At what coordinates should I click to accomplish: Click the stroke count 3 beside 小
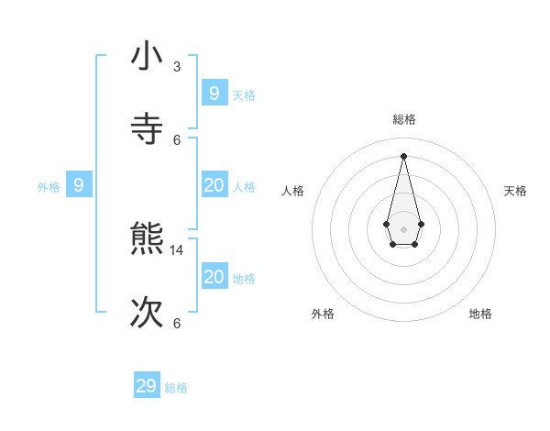pyautogui.click(x=177, y=67)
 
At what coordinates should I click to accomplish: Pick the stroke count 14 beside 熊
pyautogui.click(x=178, y=249)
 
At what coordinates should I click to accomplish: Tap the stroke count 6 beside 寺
pyautogui.click(x=177, y=139)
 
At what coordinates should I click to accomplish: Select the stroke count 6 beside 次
pyautogui.click(x=177, y=323)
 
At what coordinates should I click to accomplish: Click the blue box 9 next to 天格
pyautogui.click(x=214, y=93)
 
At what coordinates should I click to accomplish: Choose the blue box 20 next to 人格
pyautogui.click(x=214, y=185)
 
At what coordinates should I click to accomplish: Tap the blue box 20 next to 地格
pyautogui.click(x=214, y=277)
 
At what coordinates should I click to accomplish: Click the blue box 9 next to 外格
pyautogui.click(x=79, y=185)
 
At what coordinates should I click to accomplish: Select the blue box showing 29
pyautogui.click(x=147, y=386)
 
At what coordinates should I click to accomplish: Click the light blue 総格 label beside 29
pyautogui.click(x=176, y=389)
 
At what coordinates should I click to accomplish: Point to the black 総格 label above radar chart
pyautogui.click(x=403, y=120)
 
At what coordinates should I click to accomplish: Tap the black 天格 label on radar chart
pyautogui.click(x=515, y=191)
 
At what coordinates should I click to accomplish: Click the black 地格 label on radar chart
pyautogui.click(x=480, y=314)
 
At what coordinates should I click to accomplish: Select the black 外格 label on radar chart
pyautogui.click(x=323, y=314)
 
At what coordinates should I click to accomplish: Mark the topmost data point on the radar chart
pyautogui.click(x=403, y=155)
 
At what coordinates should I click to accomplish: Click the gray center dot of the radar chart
pyautogui.click(x=403, y=228)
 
